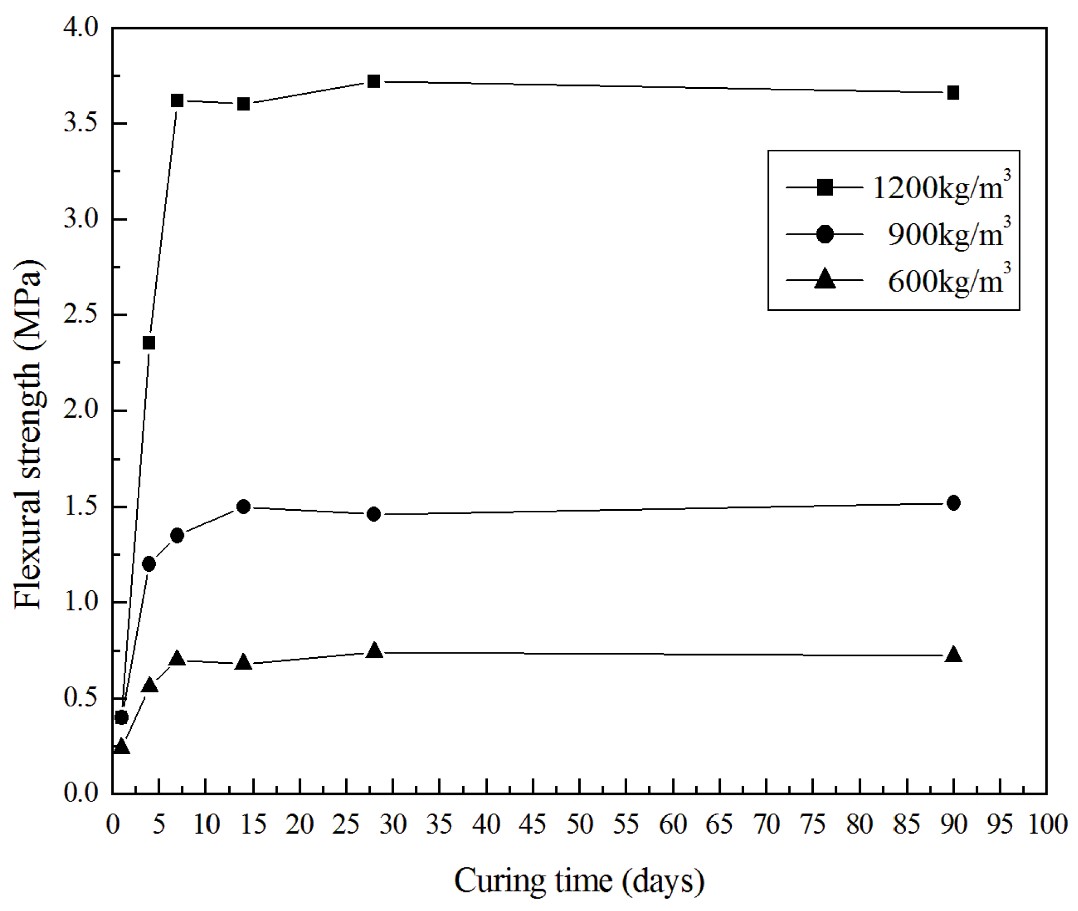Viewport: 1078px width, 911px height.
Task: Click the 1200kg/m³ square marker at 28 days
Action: pos(373,82)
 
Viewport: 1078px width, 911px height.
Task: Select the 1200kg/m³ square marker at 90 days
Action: pos(953,93)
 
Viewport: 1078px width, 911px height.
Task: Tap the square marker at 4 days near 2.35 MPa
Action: pos(149,343)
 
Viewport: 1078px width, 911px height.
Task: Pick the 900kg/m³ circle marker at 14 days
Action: pos(243,506)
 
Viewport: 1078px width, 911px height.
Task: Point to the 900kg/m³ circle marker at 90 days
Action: pos(953,503)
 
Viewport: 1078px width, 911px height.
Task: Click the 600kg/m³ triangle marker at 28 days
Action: pos(374,651)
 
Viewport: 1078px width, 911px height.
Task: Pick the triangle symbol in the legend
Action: pos(825,279)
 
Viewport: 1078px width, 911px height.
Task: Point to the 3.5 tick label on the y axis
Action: pos(80,124)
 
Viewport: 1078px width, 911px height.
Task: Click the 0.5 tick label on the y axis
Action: pos(80,698)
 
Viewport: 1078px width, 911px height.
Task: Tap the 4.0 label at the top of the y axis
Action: pos(80,28)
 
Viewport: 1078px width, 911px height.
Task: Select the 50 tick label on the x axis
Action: pos(579,825)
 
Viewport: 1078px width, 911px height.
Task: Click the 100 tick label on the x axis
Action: pos(1046,825)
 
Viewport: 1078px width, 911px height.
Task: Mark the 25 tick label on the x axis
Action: pos(346,825)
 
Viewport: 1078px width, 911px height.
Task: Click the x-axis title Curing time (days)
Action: pos(579,881)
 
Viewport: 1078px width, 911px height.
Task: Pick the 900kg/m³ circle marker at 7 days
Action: pos(177,536)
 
